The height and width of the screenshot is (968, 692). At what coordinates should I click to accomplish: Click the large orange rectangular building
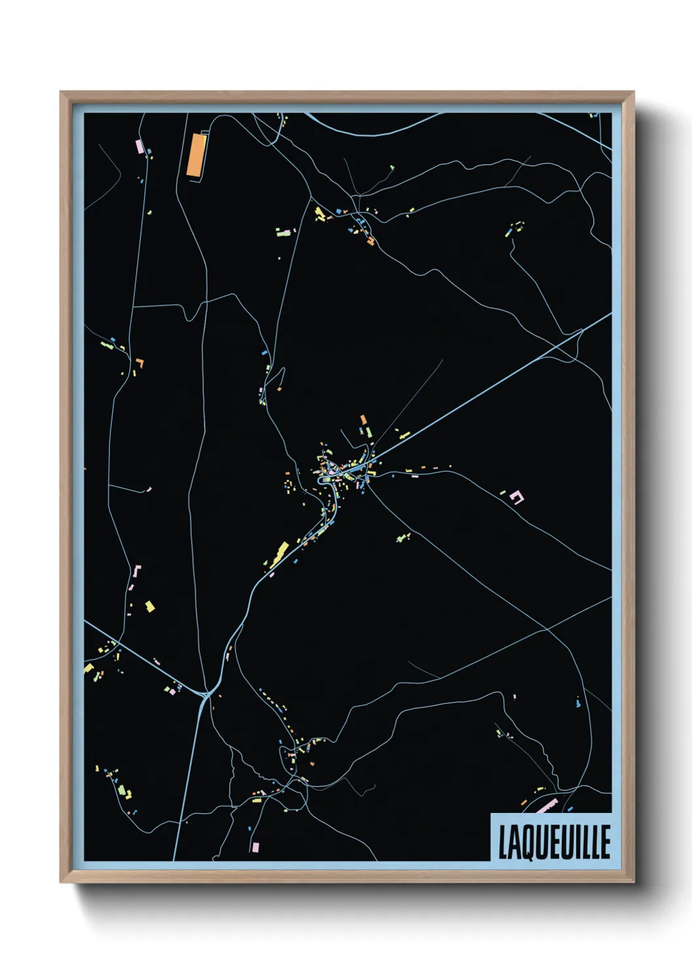196,155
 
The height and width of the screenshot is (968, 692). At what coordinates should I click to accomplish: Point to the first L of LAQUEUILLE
504,842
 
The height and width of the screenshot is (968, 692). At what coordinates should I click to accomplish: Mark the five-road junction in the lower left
205,695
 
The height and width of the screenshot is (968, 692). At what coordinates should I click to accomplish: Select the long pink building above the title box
546,806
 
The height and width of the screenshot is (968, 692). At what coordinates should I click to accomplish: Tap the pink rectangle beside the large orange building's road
139,146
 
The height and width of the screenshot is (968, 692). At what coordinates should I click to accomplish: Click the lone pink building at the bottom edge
255,847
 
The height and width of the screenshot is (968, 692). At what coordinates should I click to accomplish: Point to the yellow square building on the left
150,606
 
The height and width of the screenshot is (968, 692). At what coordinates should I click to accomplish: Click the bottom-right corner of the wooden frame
632,882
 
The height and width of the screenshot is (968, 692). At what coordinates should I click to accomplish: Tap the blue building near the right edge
578,704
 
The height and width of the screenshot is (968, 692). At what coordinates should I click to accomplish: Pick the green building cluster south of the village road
404,538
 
